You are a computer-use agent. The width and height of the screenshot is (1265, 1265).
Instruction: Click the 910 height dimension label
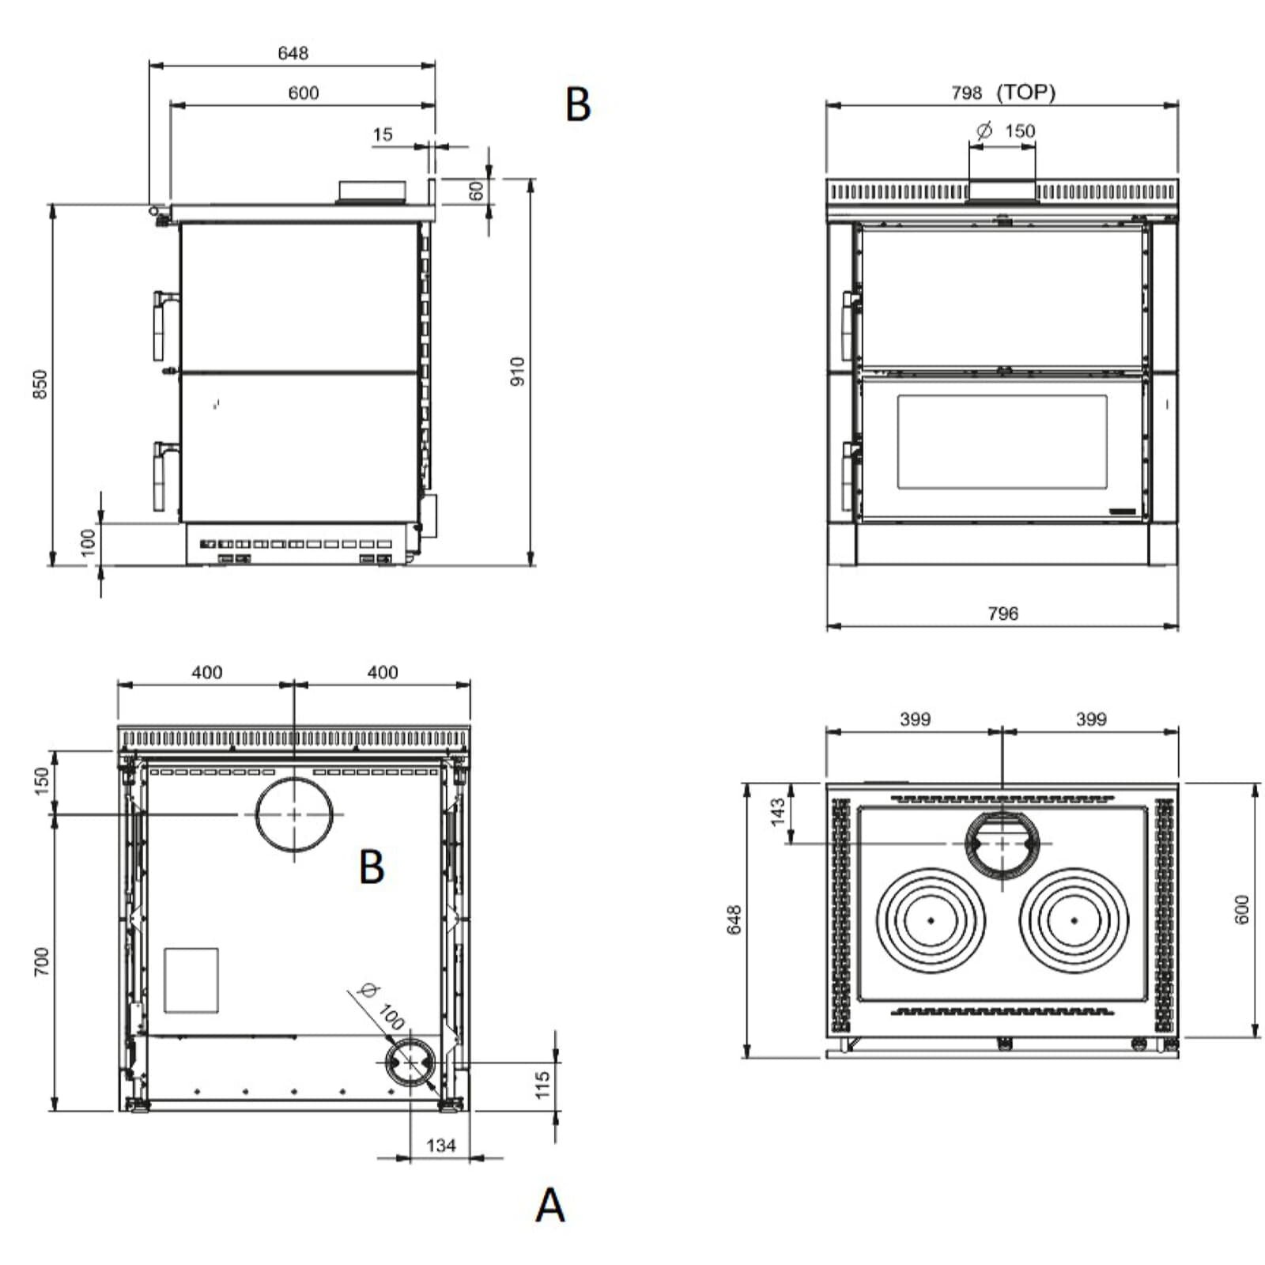517,372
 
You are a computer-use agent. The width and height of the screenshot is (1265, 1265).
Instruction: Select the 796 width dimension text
1003,613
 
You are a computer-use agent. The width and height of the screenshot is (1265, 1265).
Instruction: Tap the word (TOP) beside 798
1026,93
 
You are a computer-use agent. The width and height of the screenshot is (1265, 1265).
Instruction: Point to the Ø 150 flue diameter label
1006,130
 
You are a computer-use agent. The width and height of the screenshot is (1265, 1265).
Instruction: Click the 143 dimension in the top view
778,812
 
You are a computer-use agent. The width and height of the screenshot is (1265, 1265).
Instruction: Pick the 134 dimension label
441,1145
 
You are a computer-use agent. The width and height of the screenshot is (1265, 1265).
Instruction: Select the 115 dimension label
542,1085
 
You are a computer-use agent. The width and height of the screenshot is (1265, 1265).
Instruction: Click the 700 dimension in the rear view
41,961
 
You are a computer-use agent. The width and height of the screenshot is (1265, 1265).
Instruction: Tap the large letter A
550,1206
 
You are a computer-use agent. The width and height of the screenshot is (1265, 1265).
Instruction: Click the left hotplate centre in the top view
931,920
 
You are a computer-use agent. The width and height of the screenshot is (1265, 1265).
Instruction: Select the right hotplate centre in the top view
1074,920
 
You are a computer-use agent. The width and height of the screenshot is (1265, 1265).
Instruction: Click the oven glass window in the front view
1002,441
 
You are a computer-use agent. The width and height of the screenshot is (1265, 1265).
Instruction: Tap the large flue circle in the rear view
294,814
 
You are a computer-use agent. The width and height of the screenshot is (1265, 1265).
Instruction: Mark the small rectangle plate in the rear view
191,980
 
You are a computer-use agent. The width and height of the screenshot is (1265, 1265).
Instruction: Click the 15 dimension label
383,134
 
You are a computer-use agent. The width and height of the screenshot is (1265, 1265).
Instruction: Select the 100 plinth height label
88,542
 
